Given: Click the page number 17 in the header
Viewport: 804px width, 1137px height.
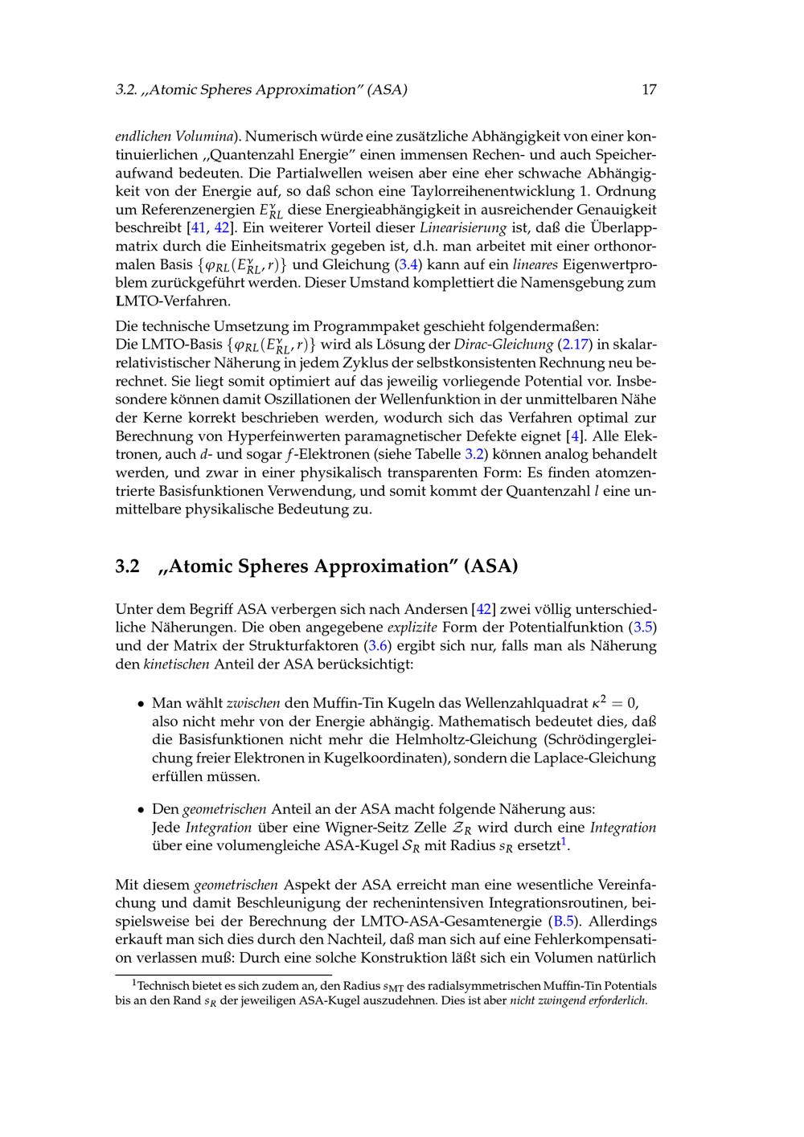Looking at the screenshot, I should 649,90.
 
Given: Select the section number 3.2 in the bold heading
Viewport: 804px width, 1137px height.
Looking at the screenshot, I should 127,566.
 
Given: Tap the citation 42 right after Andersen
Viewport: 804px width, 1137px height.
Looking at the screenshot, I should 484,609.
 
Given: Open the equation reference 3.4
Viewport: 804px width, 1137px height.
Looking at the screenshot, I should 408,264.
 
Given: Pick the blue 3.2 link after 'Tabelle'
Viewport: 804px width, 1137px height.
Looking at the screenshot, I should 474,455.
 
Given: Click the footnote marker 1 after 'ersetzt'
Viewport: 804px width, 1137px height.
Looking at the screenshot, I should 564,842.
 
